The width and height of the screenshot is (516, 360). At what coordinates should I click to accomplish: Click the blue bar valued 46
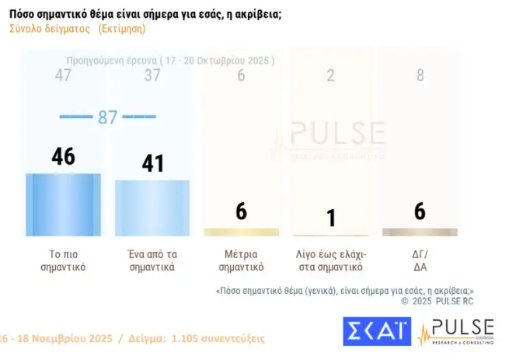(x=63, y=204)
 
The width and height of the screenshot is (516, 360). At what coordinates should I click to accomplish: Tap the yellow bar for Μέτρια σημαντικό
(x=241, y=232)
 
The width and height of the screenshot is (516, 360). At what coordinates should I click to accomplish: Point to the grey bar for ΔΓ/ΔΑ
(x=420, y=232)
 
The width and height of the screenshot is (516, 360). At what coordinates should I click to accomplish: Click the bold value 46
(x=63, y=156)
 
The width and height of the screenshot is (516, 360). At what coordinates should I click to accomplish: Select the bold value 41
(x=152, y=163)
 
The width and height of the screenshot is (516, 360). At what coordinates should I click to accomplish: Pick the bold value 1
(x=331, y=218)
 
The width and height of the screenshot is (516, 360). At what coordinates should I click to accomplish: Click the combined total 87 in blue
(x=107, y=117)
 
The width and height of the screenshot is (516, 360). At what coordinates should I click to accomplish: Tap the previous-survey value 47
(x=63, y=75)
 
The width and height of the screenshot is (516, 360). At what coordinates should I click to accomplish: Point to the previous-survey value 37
(x=152, y=75)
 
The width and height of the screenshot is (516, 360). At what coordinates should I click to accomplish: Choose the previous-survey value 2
(x=331, y=75)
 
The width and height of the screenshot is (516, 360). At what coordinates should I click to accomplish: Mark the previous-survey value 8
(x=420, y=75)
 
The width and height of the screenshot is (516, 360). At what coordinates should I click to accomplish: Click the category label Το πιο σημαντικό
(x=63, y=260)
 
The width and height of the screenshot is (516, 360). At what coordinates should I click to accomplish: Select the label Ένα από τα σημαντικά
(x=152, y=260)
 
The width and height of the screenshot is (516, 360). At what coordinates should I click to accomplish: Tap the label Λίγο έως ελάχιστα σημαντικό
(x=331, y=260)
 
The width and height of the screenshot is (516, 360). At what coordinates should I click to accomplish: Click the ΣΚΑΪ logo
(x=376, y=331)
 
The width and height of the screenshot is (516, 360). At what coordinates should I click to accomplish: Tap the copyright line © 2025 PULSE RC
(x=437, y=300)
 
